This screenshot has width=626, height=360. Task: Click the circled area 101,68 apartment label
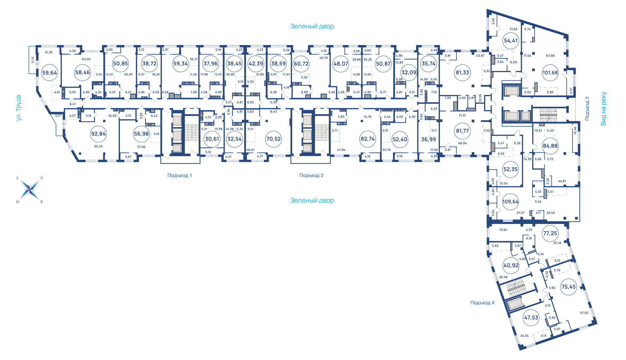coord(550,72)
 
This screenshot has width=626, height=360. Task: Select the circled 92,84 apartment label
coord(98,134)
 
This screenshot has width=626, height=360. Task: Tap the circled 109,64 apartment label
coord(510,202)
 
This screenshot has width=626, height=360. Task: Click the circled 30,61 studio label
coord(212,139)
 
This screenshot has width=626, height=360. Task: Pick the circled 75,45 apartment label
coord(568,287)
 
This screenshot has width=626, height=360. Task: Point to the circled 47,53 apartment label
coord(531,318)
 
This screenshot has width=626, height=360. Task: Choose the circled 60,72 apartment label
coord(301,64)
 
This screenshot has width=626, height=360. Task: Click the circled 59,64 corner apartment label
coord(50,73)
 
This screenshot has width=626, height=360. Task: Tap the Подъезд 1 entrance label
coord(180,175)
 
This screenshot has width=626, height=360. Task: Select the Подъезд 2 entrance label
coord(311,175)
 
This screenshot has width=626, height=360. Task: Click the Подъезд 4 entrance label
coord(482,303)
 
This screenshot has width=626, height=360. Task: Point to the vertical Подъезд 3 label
coord(587,109)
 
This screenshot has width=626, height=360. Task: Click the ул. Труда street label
coord(19,108)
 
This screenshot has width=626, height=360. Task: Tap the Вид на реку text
coord(604,109)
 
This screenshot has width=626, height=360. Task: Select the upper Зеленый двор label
coord(312,26)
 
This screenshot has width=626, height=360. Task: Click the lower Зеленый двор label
coord(312,201)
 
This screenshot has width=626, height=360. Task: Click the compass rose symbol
coord(30,189)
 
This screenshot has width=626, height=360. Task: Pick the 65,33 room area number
coord(98,146)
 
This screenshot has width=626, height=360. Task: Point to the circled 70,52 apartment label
coord(273,139)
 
